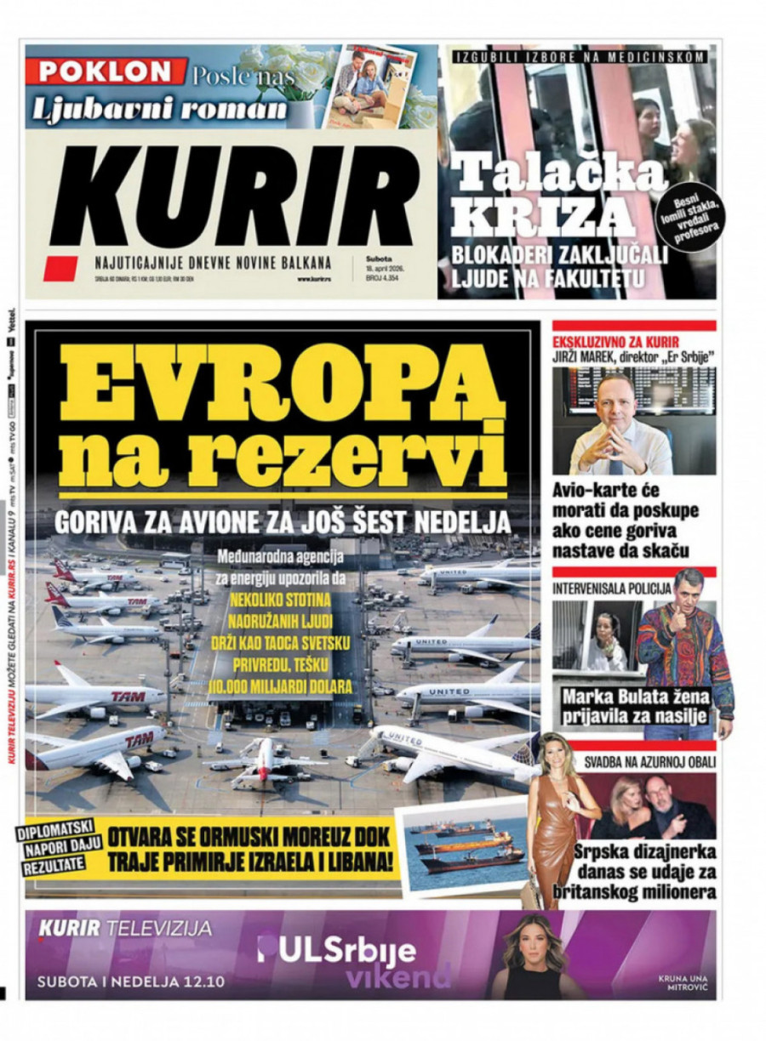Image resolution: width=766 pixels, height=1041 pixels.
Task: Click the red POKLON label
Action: pyautogui.click(x=106, y=71)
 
